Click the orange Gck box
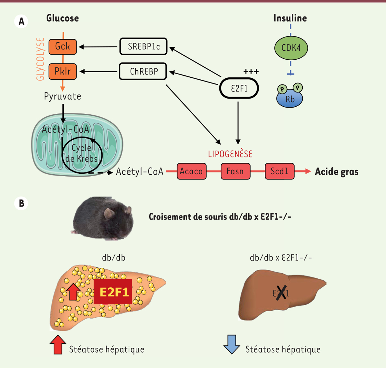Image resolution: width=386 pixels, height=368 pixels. click(62, 47)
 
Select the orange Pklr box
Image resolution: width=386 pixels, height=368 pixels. click(62, 71)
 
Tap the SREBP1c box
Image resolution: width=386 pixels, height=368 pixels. click(143, 47)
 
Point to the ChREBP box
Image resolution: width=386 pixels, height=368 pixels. click(143, 71)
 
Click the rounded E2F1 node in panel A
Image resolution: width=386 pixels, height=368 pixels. click(239, 88)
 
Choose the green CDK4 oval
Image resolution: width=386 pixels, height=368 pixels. click(291, 48)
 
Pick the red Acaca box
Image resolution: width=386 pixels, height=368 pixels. click(191, 171)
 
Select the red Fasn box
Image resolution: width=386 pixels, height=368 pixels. click(235, 171)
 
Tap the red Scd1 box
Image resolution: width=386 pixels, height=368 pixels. click(279, 171)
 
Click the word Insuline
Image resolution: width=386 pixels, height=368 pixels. click(290, 18)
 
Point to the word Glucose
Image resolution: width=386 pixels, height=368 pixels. click(62, 18)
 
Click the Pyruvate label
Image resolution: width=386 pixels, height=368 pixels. click(62, 96)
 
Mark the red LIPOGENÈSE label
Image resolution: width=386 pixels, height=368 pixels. click(230, 154)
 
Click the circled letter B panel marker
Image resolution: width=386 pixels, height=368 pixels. click(21, 204)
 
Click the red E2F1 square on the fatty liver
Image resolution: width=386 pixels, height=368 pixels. click(113, 292)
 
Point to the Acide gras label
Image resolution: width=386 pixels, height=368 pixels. click(336, 171)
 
